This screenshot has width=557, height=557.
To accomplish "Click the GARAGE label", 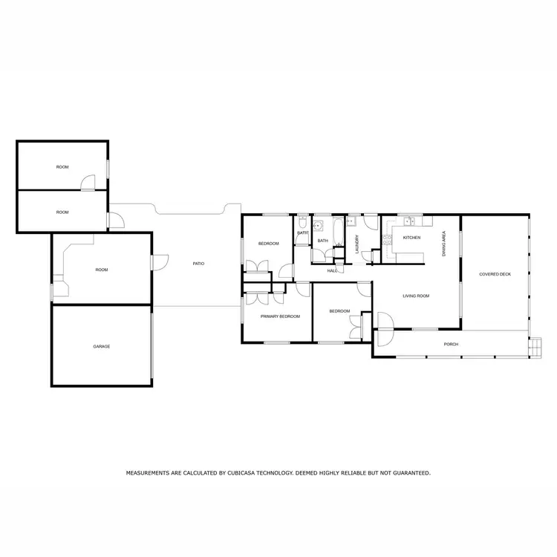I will pos(102,346).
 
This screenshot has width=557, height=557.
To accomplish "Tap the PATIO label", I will pos(198,264).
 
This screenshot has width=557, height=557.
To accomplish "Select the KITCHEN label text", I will pos(411,238).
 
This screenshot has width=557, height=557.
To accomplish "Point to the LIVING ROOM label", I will pos(416,296).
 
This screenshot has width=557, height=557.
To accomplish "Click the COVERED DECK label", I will pos(495,274).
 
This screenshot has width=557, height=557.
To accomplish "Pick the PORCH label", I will pos(450,345).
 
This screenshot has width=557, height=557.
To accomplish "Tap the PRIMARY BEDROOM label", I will pos(280,316).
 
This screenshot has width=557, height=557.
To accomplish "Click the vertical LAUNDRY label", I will pos(357,245).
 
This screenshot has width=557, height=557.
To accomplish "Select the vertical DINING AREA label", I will pos(444,244).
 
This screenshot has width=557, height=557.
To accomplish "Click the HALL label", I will pos(332,270).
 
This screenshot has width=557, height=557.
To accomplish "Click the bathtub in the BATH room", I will pos(338,232).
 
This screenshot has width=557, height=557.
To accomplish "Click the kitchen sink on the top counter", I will pos(408,221).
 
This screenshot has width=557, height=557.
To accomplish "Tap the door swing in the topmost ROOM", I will pos(88,183).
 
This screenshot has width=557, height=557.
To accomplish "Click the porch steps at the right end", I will pos(532,346).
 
